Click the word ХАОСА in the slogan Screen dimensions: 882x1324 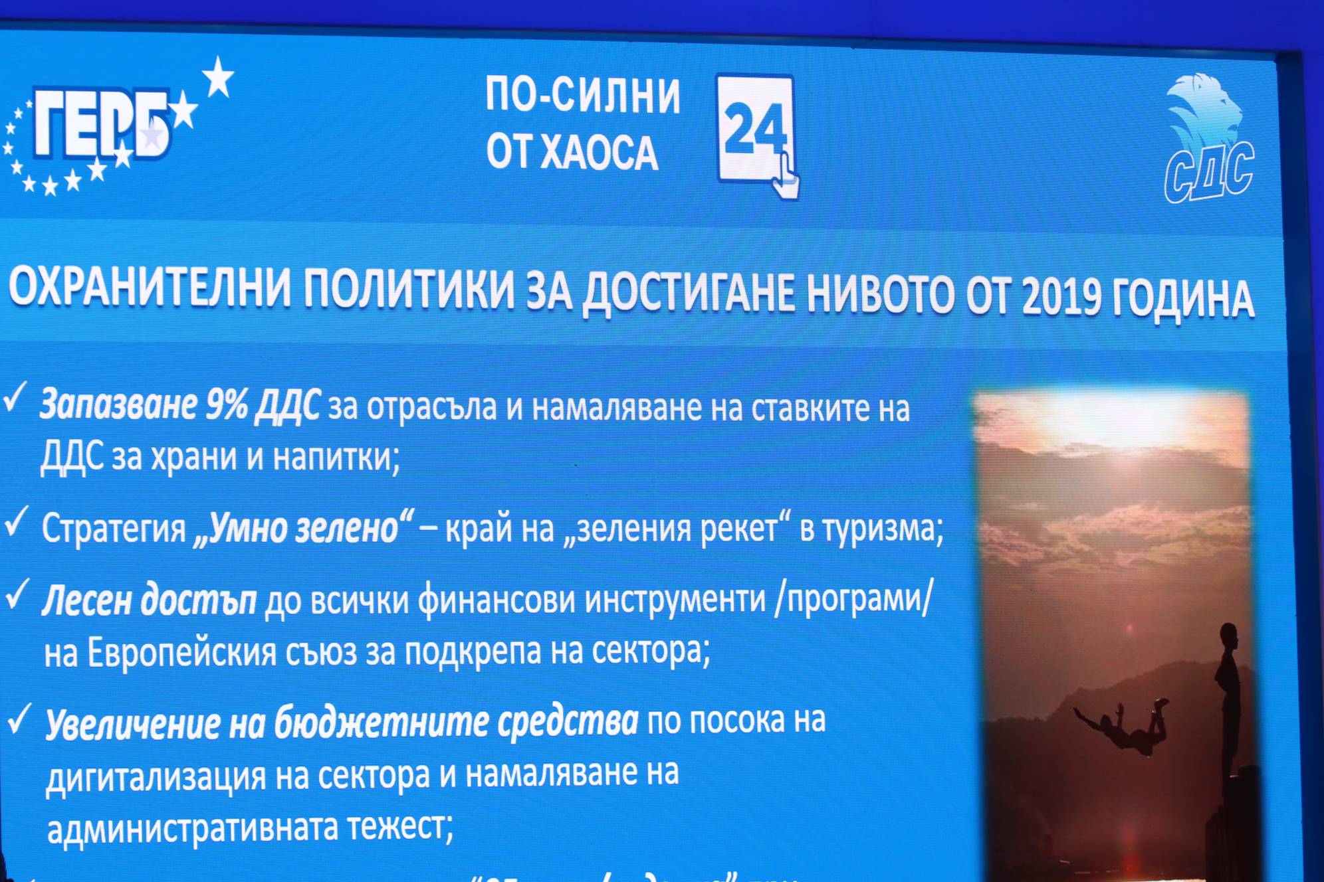pos(599,152)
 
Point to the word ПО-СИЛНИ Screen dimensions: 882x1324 pos(582,95)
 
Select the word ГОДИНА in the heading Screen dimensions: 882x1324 pos(1183,298)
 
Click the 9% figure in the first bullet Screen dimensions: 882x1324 pos(226,404)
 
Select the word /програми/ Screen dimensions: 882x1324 pos(854,598)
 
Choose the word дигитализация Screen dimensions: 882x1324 pos(156,776)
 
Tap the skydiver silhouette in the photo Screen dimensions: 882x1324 pos(1123,725)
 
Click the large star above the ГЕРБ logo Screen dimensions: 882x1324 pos(218,77)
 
